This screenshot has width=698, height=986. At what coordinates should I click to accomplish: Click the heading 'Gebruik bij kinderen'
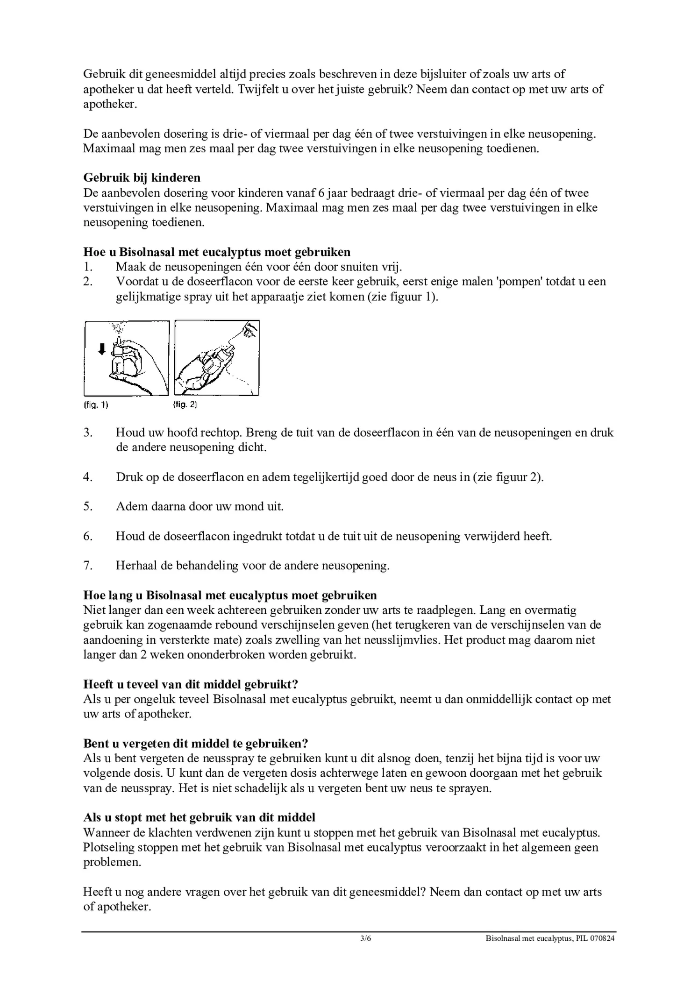142,177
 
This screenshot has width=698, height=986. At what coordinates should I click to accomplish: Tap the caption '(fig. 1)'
96,405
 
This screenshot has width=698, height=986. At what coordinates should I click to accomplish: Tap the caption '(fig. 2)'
185,405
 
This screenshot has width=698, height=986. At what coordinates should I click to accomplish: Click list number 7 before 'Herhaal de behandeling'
87,566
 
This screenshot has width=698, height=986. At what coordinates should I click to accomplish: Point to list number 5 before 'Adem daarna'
87,506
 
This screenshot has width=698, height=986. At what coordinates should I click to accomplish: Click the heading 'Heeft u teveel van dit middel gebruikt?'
191,684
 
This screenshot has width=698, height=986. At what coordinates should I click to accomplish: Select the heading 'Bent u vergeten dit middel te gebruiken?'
196,743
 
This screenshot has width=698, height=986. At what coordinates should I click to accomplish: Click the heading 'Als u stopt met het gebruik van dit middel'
199,817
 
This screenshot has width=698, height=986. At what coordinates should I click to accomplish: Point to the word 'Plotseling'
108,847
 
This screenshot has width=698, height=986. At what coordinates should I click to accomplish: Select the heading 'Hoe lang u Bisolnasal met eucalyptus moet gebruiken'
230,595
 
